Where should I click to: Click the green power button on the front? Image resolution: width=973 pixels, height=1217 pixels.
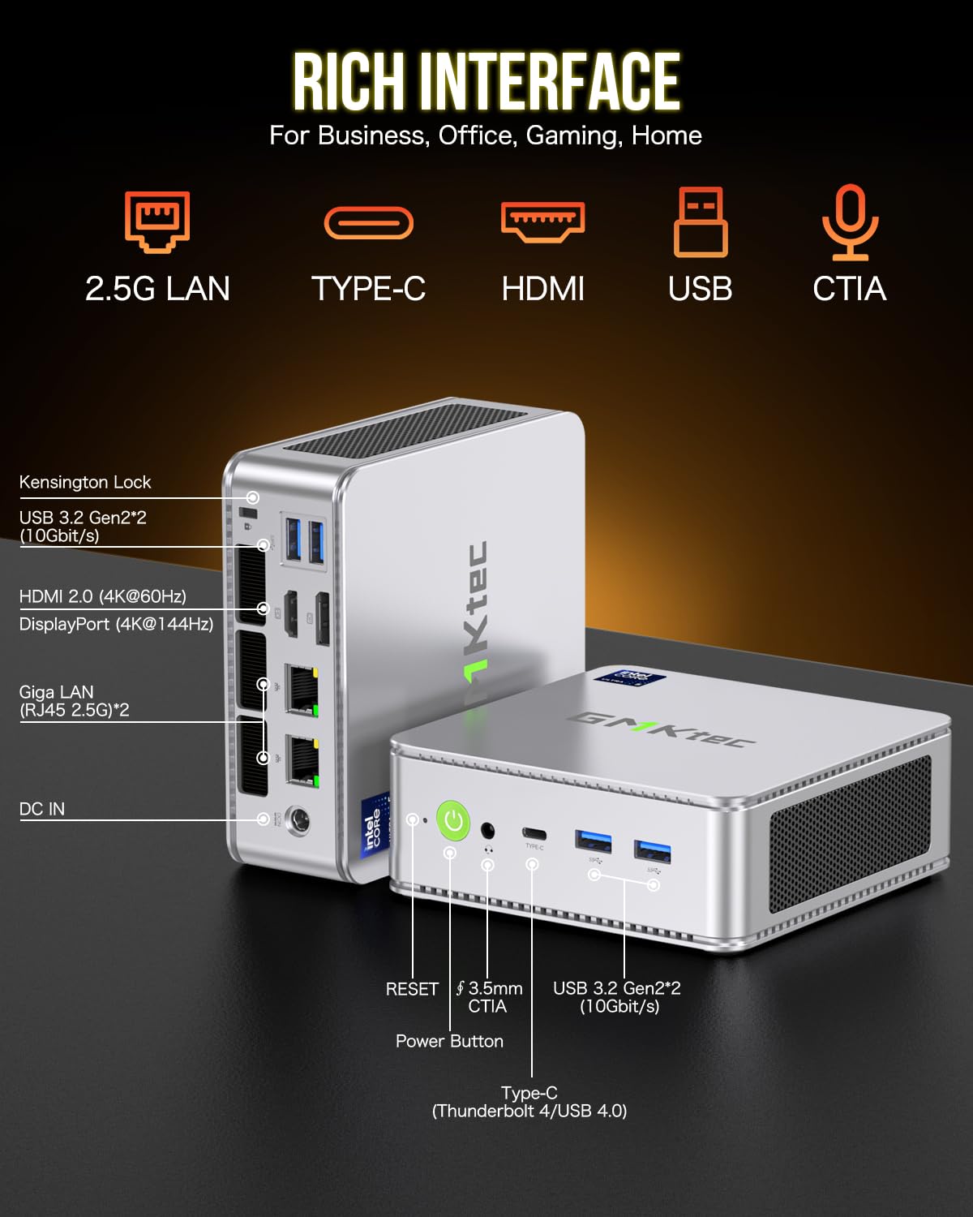(453, 820)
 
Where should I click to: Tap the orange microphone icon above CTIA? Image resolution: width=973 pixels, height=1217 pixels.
(849, 221)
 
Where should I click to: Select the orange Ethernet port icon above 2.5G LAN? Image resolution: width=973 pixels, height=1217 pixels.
(157, 221)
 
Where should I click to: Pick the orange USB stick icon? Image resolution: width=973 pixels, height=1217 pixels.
(701, 221)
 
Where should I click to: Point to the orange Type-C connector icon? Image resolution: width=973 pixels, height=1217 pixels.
(369, 223)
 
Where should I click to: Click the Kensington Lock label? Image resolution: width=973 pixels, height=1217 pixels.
(85, 482)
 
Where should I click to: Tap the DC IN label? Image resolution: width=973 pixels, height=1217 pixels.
(42, 809)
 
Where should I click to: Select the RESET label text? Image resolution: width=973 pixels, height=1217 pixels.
(412, 989)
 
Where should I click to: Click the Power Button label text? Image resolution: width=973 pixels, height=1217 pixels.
(449, 1041)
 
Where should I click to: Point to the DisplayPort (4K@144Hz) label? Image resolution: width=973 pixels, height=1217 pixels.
(116, 624)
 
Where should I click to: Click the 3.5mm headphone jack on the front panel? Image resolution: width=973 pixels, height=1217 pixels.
(488, 830)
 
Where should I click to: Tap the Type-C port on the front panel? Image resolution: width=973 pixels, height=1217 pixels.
(534, 833)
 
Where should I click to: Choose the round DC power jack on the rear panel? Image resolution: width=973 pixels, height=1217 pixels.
(300, 821)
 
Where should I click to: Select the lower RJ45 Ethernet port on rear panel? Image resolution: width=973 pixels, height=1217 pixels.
(301, 760)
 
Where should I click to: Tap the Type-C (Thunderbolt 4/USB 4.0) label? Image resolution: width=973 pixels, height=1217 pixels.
(529, 1102)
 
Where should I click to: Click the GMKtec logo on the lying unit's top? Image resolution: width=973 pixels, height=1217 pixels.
(661, 727)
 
